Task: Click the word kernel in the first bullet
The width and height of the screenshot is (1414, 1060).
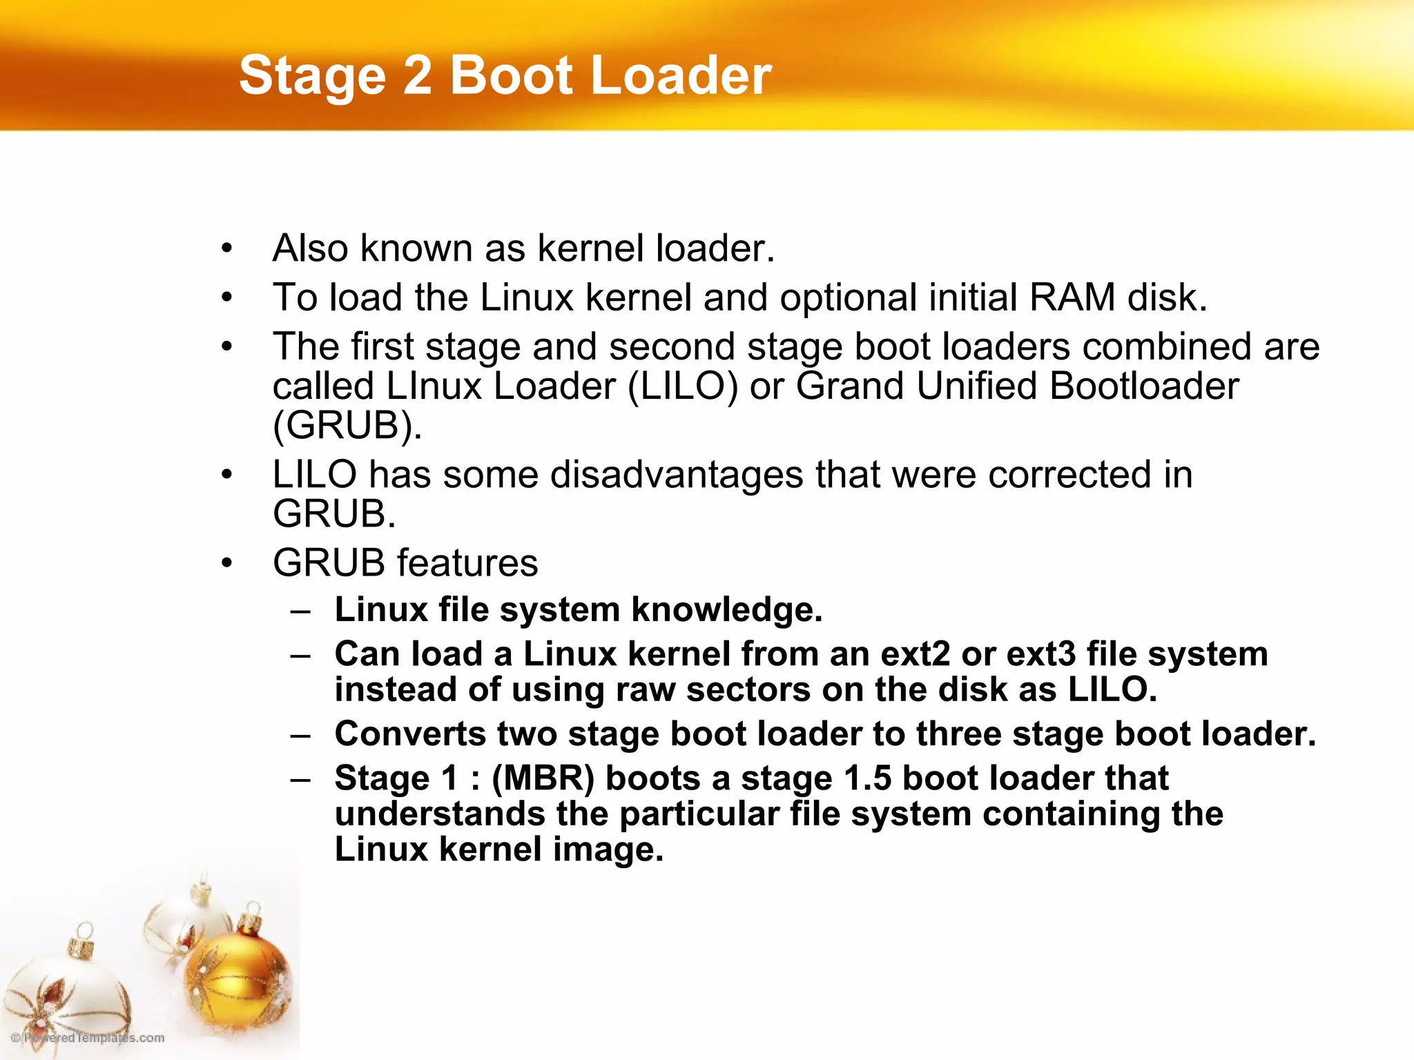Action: (590, 248)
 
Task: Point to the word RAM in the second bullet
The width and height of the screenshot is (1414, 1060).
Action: (1072, 297)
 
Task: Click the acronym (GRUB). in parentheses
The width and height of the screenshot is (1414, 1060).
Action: (347, 425)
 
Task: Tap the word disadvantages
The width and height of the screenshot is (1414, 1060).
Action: (677, 475)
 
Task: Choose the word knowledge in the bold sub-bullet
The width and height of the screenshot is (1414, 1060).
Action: (726, 610)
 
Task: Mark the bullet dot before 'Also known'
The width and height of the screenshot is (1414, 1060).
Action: (227, 248)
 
